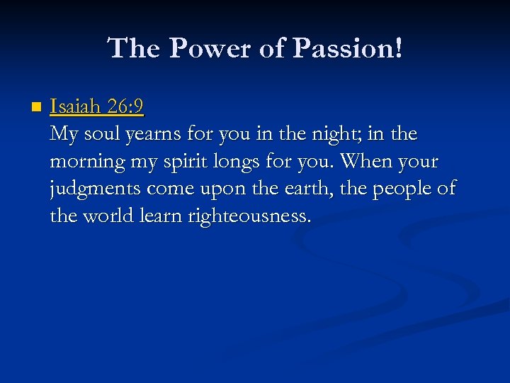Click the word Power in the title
(x=200, y=48)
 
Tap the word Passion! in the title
(x=348, y=48)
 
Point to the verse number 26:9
(x=127, y=108)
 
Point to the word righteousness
(x=249, y=216)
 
